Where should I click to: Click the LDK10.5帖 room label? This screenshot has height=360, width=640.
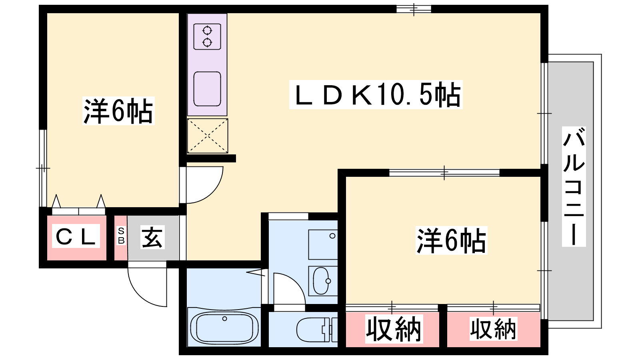[376, 95]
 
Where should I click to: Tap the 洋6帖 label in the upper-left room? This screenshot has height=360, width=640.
[118, 111]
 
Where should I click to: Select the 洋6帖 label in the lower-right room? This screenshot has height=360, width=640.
[451, 241]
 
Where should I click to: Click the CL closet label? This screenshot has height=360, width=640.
[76, 236]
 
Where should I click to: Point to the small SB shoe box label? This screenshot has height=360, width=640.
[121, 236]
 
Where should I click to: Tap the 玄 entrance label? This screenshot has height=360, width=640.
[152, 237]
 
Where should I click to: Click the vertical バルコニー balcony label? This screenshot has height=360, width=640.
[574, 186]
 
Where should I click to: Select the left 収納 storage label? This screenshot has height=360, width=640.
[394, 329]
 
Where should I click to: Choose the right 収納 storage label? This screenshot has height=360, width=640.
[493, 329]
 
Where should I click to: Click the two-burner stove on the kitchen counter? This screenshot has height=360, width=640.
[207, 36]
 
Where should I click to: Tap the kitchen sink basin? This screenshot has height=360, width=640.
[207, 88]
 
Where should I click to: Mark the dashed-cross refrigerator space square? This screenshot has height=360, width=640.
[208, 136]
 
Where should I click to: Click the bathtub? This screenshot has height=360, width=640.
[224, 327]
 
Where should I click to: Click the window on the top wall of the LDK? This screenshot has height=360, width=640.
[414, 9]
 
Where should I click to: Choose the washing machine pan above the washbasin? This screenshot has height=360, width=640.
[323, 244]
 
